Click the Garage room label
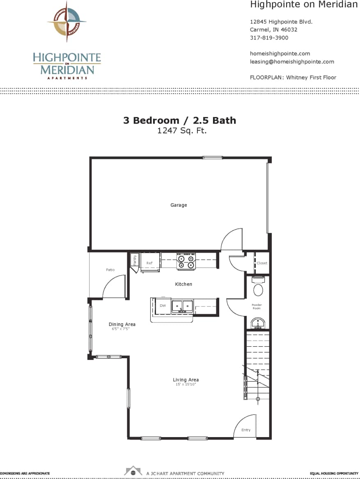point(179,205)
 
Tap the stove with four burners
point(186,261)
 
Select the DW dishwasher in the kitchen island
point(163,306)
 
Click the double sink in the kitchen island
point(182,306)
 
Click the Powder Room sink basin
point(258,324)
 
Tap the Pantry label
point(135,260)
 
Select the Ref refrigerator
point(149,263)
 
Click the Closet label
point(262,263)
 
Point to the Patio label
point(110,270)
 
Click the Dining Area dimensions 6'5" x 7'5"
point(122,329)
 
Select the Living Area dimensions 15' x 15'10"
point(186,385)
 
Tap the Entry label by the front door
point(246,430)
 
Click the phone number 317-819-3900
point(269,38)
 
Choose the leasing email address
point(292,62)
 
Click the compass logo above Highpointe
point(66,21)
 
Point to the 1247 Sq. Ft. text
point(179,131)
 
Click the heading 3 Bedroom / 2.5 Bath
point(179,120)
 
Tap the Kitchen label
point(183,284)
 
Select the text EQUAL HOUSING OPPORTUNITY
point(334,473)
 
